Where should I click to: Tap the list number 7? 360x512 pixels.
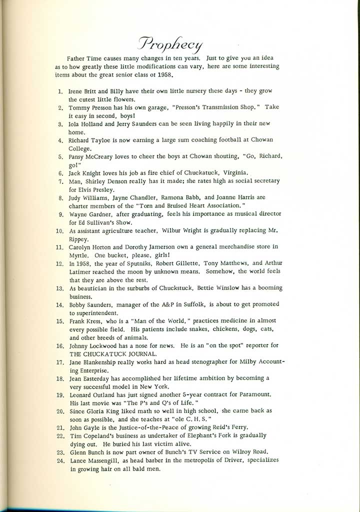click(59, 180)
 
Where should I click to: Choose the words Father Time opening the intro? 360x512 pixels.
click(92, 58)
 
